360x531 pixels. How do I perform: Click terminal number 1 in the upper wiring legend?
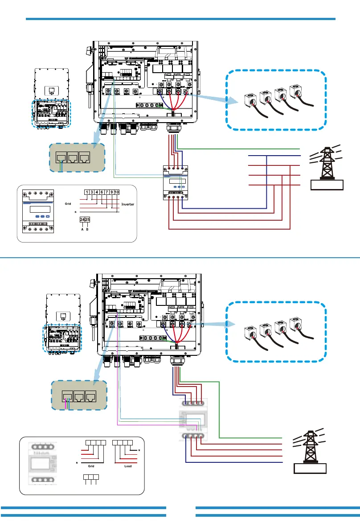(87, 192)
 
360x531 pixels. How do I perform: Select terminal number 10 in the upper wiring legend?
(117, 192)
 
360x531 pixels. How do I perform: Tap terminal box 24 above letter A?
(82, 220)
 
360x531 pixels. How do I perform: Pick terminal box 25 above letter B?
(88, 220)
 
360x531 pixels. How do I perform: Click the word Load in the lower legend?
(128, 466)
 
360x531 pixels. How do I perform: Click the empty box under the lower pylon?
(310, 469)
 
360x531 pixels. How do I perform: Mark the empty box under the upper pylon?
(326, 183)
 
